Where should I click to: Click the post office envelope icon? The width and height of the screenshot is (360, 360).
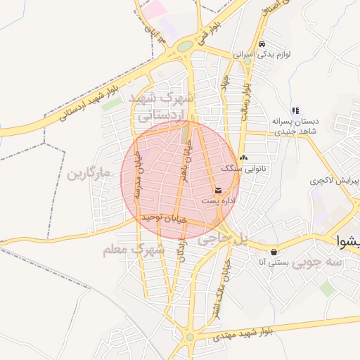tap(218, 191)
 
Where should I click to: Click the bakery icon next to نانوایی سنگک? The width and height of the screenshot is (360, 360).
tap(244, 157)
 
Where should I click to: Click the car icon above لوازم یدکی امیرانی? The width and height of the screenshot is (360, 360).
tap(262, 43)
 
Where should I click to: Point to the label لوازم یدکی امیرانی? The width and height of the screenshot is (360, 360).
tap(262, 53)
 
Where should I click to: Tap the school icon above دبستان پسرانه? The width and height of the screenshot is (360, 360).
tap(296, 110)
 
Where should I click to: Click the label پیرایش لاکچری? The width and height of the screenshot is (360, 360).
tap(335, 181)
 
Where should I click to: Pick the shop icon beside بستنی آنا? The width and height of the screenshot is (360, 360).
tap(273, 251)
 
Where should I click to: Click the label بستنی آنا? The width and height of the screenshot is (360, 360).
tap(271, 262)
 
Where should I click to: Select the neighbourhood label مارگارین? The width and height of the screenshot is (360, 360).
tap(90, 174)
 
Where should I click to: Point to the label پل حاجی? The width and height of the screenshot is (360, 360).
tap(224, 240)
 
